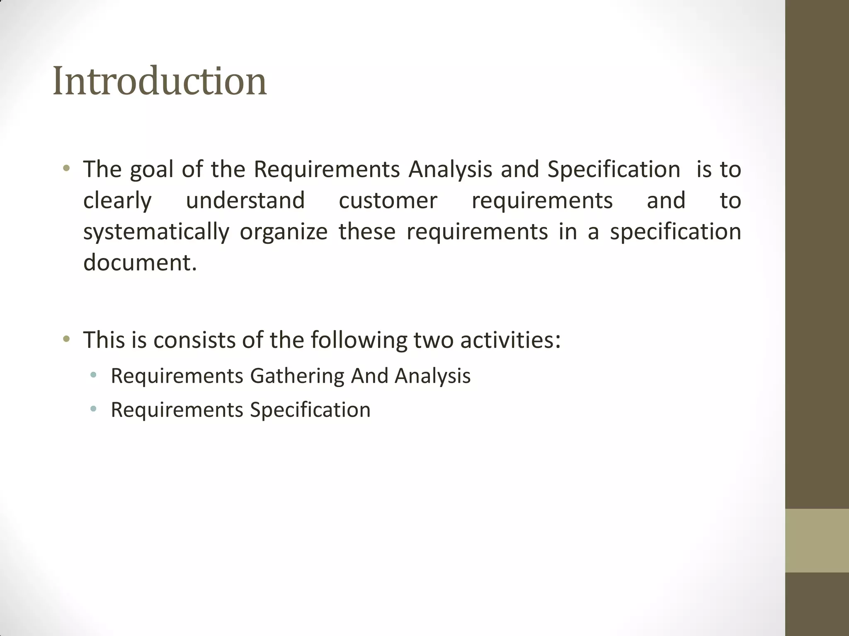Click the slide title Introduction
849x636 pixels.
[160, 81]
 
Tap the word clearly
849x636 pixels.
[117, 201]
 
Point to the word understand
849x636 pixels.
[245, 200]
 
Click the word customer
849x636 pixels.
[388, 201]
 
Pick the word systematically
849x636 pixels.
[156, 232]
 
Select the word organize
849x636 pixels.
[284, 232]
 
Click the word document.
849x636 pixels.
[140, 263]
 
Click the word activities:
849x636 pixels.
[510, 340]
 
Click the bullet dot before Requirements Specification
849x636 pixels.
[93, 410]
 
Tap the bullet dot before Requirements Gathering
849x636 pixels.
[93, 376]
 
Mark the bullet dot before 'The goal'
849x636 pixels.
[66, 169]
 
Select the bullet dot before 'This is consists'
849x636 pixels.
[66, 340]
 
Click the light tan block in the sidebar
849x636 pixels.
[817, 540]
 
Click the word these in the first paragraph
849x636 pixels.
[367, 232]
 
